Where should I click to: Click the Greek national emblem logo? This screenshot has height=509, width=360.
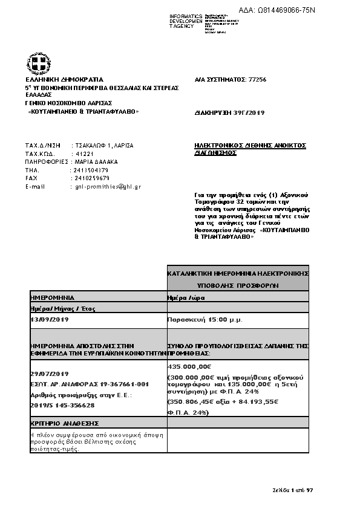click(36, 63)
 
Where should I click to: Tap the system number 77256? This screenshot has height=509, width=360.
click(257, 80)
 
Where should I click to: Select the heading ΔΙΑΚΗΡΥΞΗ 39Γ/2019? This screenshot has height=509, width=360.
click(229, 113)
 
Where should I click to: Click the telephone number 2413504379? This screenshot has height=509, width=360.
click(90, 170)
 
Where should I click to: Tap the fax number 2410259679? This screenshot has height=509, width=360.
click(90, 178)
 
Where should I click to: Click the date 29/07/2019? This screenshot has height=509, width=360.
click(50, 374)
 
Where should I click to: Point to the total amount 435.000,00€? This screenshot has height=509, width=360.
click(189, 367)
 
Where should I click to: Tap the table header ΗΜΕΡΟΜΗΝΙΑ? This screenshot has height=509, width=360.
click(52, 297)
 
